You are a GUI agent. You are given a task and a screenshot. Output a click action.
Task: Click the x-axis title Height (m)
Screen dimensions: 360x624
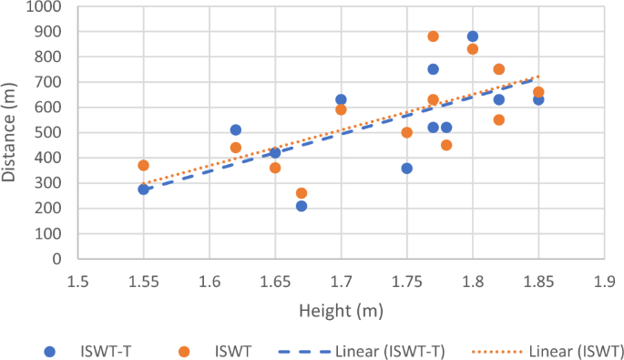[341, 311]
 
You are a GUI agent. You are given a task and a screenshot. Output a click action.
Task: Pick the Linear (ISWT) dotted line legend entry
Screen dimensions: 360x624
[538, 351]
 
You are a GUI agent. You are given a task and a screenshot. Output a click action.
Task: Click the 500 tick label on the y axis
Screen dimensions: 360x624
[50, 133]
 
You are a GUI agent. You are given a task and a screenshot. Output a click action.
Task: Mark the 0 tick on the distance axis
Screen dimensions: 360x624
[56, 259]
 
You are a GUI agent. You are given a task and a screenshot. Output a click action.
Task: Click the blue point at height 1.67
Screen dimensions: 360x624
[302, 206]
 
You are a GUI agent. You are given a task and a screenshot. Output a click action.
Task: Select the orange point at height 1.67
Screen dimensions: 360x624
[302, 193]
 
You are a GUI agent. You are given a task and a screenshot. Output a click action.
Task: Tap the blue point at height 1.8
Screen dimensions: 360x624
[472, 36]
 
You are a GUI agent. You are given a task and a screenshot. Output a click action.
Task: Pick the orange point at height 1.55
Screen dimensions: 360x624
[143, 165]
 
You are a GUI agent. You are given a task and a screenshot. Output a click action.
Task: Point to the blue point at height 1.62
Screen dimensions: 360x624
[236, 130]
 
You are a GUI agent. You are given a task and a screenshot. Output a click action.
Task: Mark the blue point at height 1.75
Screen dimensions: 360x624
[406, 169]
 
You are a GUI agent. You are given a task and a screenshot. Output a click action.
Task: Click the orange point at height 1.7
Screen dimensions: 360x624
[341, 109]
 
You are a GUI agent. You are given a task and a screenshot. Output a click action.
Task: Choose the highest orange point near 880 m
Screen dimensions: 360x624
[433, 36]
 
